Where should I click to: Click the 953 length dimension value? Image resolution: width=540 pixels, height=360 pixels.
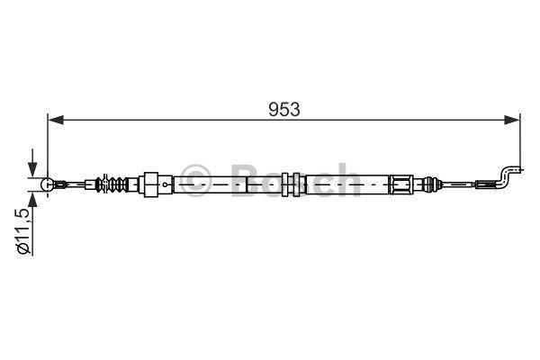coord(284,110)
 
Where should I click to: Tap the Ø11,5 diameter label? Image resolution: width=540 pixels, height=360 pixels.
coord(25,231)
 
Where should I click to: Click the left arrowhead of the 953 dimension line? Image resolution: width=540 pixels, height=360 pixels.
coord(56,120)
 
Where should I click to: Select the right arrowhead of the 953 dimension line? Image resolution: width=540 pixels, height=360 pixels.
coord(512,120)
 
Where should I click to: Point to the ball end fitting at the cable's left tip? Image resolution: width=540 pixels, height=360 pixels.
coord(47,184)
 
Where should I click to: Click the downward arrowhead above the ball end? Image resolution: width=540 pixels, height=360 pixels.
coord(32,169)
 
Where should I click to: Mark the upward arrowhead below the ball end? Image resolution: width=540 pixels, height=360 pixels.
coord(32,200)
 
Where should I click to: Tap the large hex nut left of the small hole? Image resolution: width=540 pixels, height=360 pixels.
coord(151,184)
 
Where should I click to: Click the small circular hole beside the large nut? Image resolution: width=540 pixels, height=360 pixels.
coord(166,184)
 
